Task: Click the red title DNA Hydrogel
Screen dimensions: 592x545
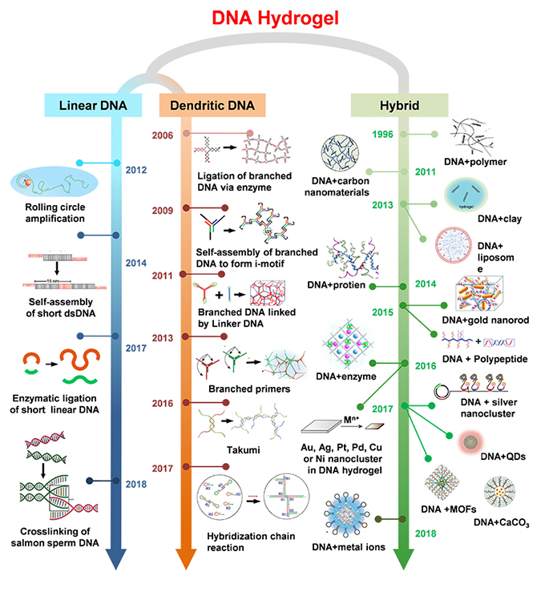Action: (272, 18)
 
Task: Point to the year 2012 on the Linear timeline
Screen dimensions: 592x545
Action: (136, 170)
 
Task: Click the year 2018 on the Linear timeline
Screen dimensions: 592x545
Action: (136, 482)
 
